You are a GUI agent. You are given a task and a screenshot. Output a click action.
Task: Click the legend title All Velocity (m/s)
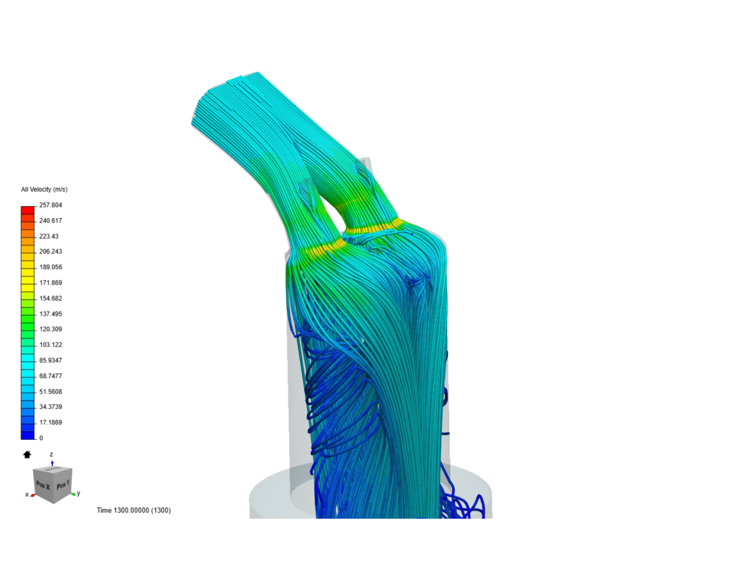(x=44, y=189)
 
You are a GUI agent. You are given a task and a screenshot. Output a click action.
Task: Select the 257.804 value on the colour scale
(x=51, y=205)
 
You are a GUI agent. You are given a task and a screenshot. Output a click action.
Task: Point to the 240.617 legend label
(x=51, y=221)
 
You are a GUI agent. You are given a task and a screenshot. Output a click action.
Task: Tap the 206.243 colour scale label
(x=51, y=251)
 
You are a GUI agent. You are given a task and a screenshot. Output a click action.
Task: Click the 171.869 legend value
(x=51, y=283)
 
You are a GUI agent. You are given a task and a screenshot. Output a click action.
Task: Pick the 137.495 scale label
(x=51, y=314)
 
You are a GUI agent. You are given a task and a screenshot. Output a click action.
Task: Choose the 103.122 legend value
(x=51, y=345)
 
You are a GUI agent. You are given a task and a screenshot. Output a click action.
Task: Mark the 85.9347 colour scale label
(x=51, y=360)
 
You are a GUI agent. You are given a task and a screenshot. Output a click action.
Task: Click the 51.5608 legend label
(x=51, y=391)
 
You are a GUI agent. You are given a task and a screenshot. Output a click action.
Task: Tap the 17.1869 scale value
(x=51, y=422)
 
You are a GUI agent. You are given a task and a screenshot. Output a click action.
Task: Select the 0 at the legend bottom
(x=41, y=438)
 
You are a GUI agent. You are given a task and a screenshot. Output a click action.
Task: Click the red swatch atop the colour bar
(x=28, y=210)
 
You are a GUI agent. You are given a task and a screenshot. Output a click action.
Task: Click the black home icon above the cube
(x=27, y=455)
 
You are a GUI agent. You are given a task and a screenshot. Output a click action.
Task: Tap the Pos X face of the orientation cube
(x=43, y=485)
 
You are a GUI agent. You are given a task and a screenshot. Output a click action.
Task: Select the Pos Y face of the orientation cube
(x=62, y=485)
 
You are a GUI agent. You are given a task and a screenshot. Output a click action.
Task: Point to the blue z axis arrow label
(x=51, y=455)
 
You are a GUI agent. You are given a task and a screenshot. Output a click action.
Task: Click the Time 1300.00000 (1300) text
(x=134, y=510)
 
